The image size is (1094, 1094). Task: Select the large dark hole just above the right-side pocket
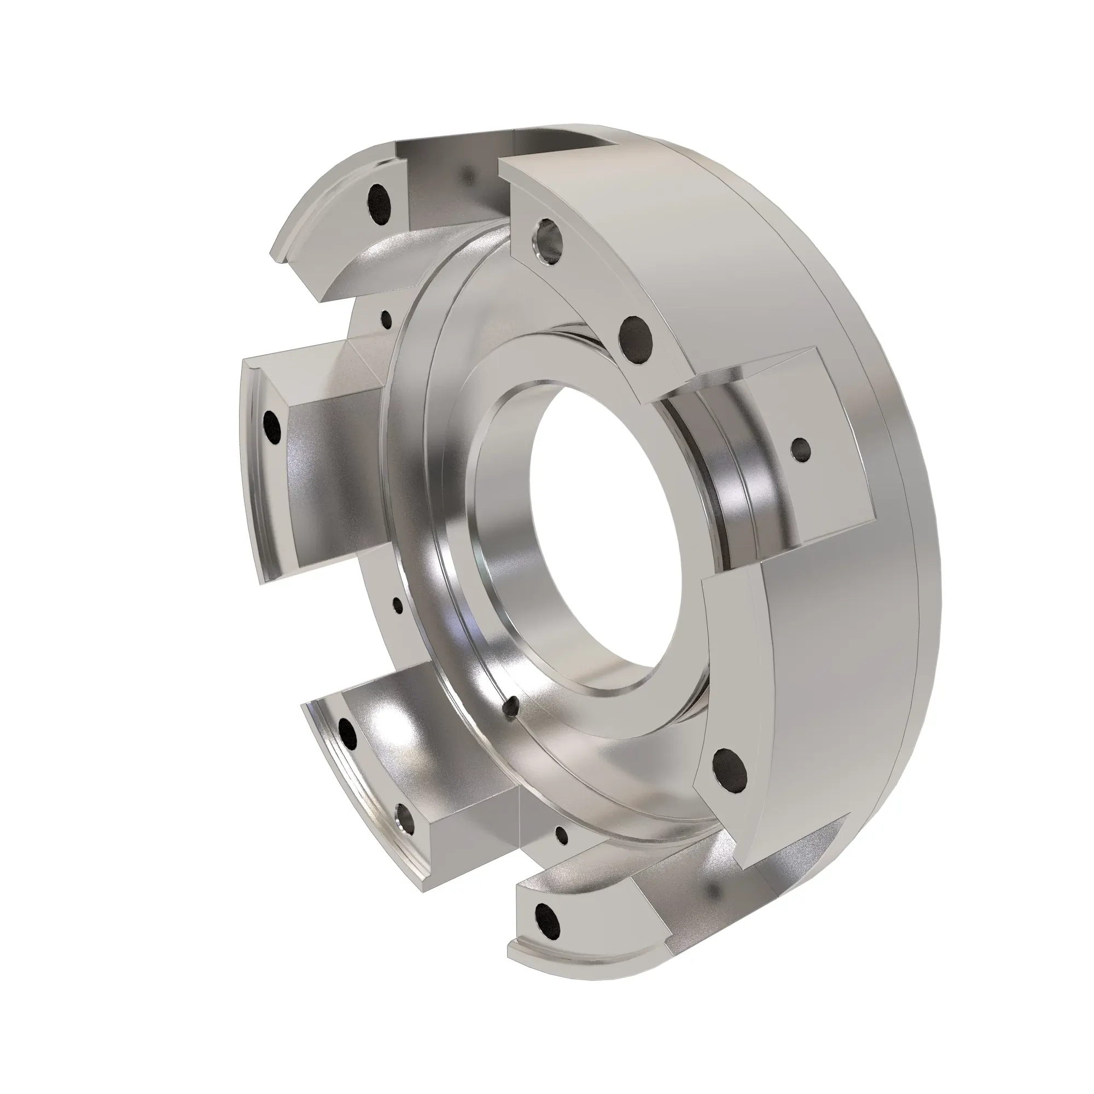[637, 340]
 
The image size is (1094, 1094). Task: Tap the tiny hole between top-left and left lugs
[387, 318]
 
